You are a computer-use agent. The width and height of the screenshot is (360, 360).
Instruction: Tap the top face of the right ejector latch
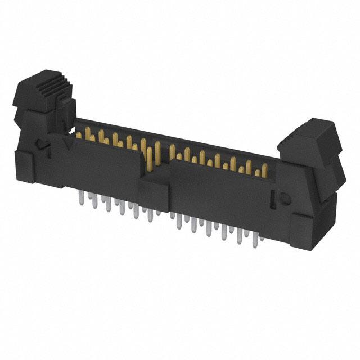pyautogui.click(x=307, y=129)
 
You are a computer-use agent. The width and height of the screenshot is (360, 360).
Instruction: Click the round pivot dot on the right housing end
pyautogui.click(x=284, y=198)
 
